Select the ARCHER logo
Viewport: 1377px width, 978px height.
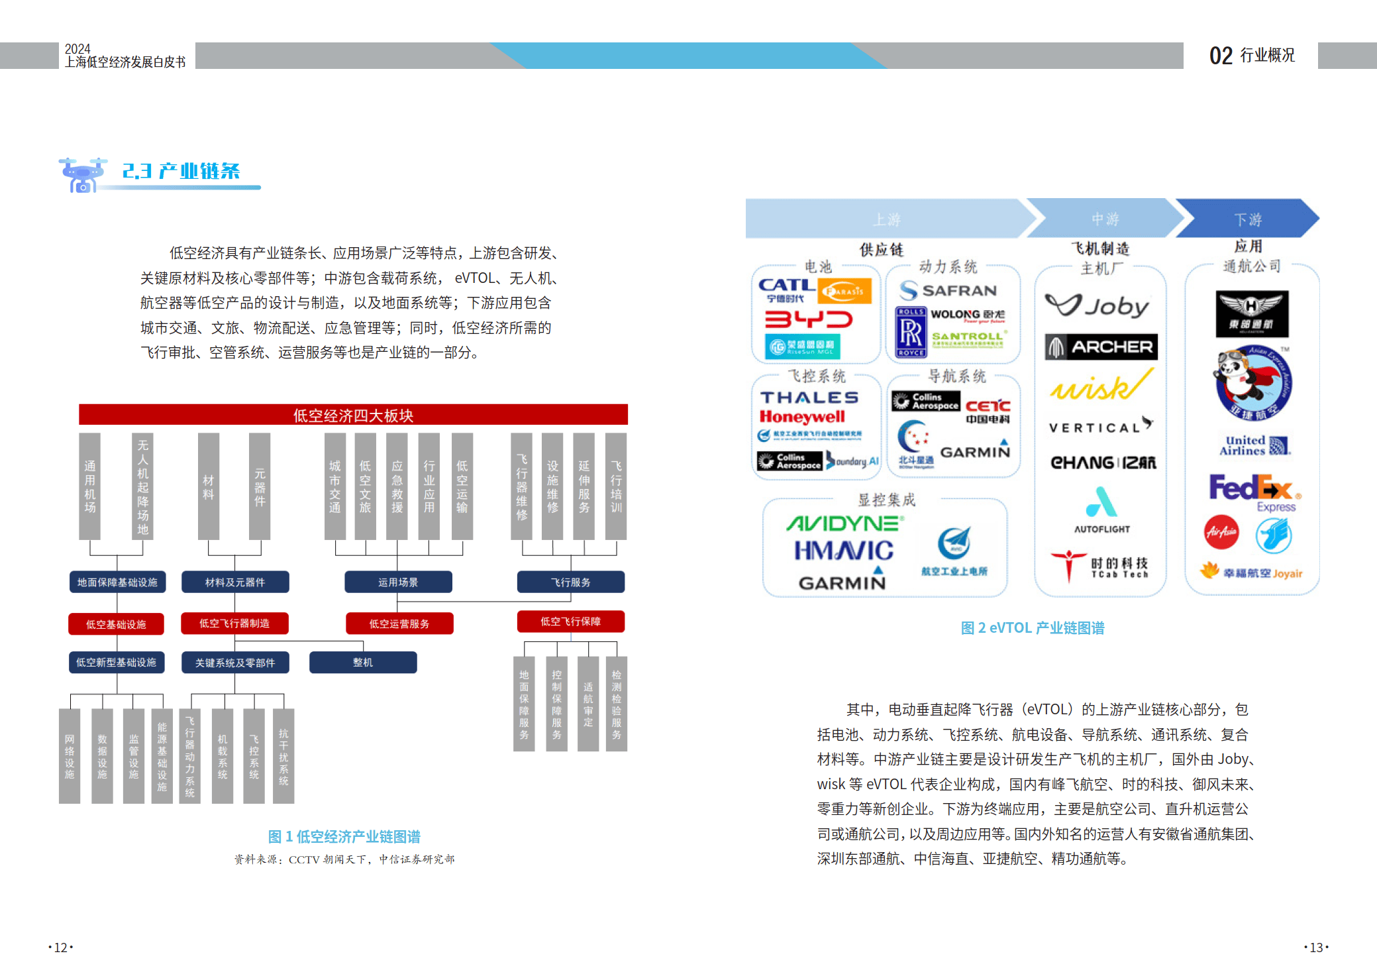click(1101, 347)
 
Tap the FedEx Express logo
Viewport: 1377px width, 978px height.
click(1252, 492)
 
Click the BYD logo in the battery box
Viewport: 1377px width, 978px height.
click(809, 320)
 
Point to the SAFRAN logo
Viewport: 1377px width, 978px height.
click(948, 290)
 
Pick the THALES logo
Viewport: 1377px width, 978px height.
click(809, 398)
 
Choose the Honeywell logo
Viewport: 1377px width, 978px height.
click(802, 417)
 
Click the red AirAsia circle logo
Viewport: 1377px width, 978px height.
click(1221, 532)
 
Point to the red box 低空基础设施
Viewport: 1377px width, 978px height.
click(116, 624)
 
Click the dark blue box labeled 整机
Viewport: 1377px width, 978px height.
click(363, 663)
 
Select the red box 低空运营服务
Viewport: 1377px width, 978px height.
click(399, 624)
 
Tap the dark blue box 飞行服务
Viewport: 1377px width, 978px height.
click(570, 582)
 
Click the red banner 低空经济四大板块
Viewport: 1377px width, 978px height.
click(353, 415)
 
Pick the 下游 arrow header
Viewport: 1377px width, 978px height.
click(1248, 219)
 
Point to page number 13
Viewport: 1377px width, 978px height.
click(1316, 948)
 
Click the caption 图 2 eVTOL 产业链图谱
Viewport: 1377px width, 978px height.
click(1033, 628)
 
